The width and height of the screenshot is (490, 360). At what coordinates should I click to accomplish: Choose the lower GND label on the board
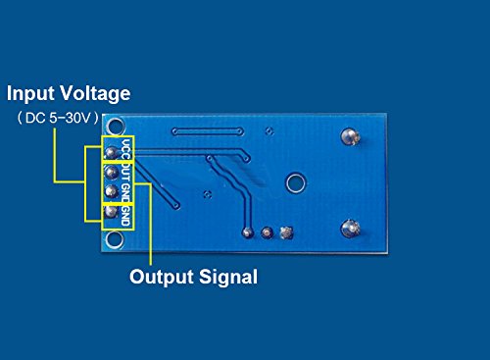126,215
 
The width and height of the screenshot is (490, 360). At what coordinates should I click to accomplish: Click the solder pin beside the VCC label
112,152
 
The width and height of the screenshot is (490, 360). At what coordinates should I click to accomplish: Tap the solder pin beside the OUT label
112,172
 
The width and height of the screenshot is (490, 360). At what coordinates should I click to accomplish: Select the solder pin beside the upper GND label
112,192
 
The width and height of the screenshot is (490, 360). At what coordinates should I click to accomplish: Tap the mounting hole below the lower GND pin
112,236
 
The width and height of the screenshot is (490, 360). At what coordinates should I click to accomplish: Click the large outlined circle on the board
294,181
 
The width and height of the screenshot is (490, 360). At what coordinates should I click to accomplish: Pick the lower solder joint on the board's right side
348,230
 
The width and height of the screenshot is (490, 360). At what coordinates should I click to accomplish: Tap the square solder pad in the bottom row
286,232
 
